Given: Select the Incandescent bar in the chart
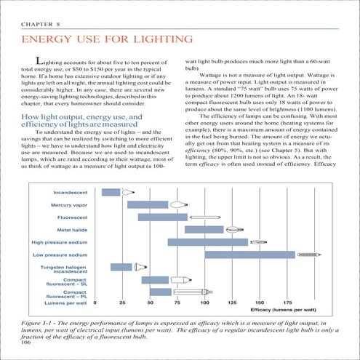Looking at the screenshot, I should [111, 192].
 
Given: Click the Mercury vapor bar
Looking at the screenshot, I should [148, 204].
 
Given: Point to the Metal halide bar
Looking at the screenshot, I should [204, 229].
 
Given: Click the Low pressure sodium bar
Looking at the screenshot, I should [249, 255].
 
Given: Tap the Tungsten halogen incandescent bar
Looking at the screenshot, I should [121, 267].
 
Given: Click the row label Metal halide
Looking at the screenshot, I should [73, 229].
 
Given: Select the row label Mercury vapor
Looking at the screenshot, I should [70, 204].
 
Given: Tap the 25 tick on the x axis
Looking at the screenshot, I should [122, 302].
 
